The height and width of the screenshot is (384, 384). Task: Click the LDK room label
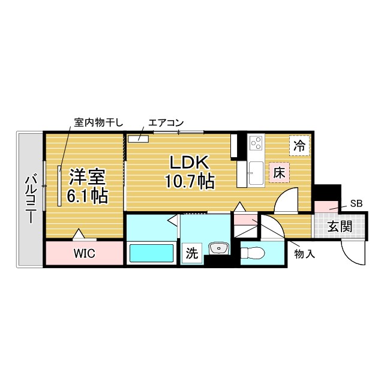(x=189, y=163)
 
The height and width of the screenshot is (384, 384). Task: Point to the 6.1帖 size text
(x=88, y=196)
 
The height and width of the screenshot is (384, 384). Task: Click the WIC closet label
(x=85, y=253)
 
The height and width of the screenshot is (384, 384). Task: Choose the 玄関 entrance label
(x=340, y=226)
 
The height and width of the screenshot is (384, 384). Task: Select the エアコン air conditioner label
(x=166, y=122)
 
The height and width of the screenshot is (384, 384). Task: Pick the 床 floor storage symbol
(x=280, y=172)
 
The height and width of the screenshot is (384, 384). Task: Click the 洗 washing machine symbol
(x=191, y=253)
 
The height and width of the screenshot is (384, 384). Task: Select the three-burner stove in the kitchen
(x=256, y=143)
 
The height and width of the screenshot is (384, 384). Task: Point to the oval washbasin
(x=218, y=247)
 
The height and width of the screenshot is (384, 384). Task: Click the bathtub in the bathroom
(x=151, y=254)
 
